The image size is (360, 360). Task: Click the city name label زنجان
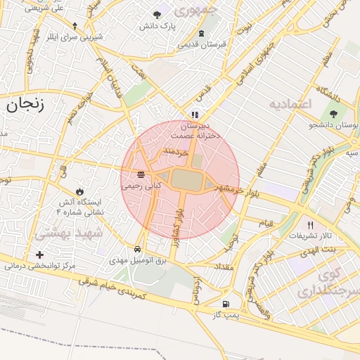pos(25,105)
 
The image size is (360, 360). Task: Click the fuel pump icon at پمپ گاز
pos(225,304)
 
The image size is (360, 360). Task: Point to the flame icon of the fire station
pos(79,191)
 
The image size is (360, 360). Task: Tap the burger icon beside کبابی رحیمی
pos(142,174)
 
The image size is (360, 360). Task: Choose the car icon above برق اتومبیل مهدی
pos(136,249)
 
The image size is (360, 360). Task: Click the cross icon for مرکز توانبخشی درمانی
pos(39,255)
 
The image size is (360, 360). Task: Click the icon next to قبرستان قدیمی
pos(202,33)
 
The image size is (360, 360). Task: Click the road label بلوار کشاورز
pos(180,224)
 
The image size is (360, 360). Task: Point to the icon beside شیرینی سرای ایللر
pos(75,26)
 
